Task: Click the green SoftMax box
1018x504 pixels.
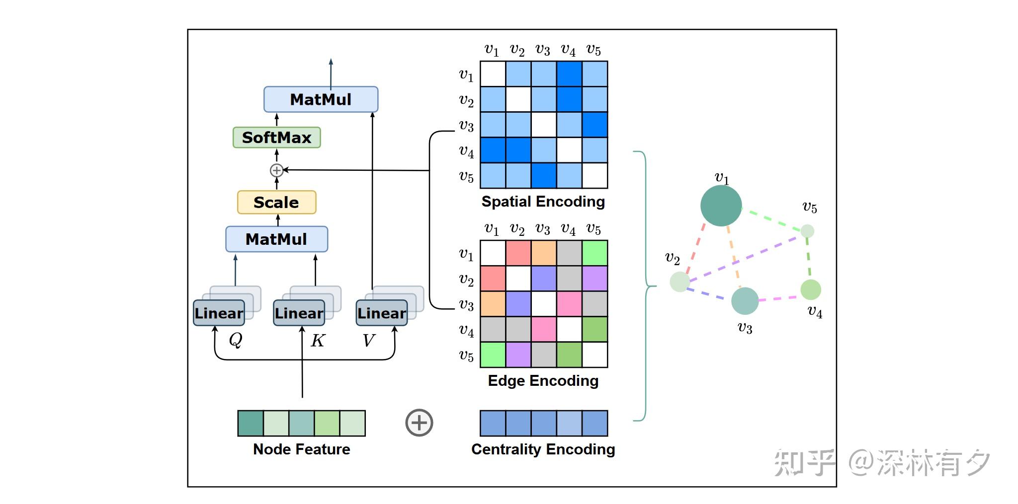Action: pos(276,138)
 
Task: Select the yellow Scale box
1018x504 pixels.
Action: pos(276,203)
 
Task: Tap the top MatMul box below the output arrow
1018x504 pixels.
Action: pos(321,99)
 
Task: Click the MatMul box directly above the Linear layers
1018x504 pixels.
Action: pos(276,239)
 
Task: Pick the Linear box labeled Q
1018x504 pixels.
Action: pos(219,313)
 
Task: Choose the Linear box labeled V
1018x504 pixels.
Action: pos(382,313)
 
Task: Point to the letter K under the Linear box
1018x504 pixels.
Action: pos(318,341)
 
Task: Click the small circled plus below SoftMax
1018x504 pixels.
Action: pos(276,170)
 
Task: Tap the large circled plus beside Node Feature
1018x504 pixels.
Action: pos(419,423)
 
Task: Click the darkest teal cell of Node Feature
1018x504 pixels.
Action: pos(251,424)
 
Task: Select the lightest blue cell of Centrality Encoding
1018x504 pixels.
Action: pos(569,424)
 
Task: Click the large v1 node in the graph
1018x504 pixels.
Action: pos(721,206)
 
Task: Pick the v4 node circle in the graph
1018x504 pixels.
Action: pos(810,290)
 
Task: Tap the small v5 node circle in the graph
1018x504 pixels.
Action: pos(807,231)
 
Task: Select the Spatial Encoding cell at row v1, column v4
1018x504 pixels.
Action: pos(569,74)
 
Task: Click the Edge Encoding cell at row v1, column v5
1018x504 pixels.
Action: pos(595,253)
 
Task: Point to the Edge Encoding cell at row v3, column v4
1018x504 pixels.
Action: pos(569,304)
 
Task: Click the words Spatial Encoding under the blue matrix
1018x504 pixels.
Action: pos(543,202)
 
